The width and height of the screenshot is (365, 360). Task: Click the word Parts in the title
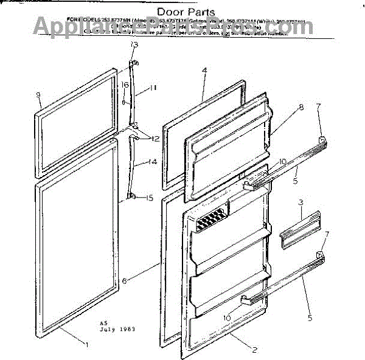coord(200,12)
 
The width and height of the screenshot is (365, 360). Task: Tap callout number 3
coord(301,201)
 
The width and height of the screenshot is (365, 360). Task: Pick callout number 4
coord(204,70)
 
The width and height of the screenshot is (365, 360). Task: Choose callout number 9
coord(38,94)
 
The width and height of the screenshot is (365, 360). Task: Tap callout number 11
coord(154,88)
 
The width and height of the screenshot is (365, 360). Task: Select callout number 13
coord(134,44)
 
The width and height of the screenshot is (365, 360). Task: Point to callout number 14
coord(154,162)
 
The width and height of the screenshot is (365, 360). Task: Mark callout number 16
coord(124,85)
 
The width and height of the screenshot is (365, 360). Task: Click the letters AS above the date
coord(103,323)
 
